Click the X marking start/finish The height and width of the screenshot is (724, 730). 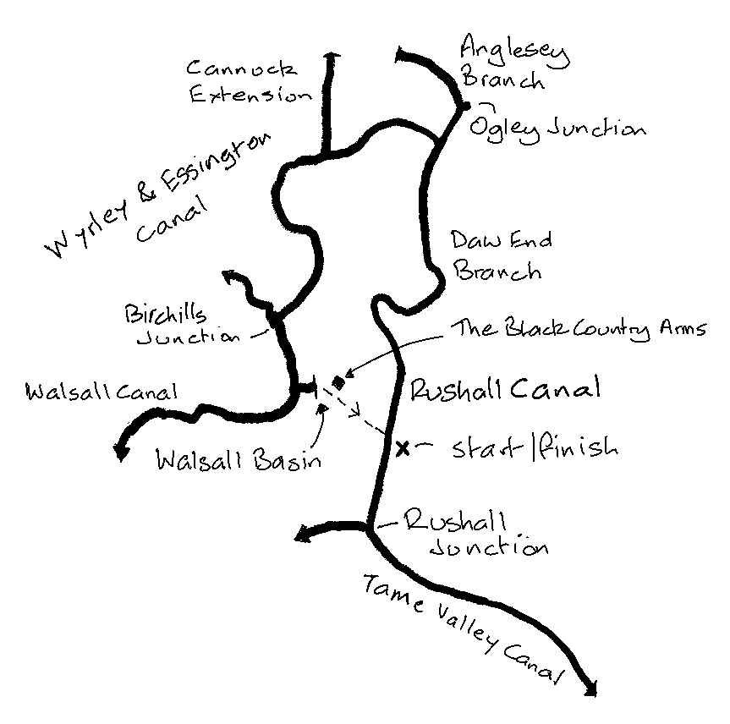click(403, 447)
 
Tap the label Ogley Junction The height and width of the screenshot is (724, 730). click(557, 129)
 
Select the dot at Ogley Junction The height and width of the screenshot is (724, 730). click(463, 106)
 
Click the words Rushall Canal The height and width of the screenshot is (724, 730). click(504, 390)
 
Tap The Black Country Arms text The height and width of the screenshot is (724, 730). click(579, 329)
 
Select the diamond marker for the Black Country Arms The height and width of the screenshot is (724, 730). click(339, 382)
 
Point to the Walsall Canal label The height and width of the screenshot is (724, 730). click(102, 392)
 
